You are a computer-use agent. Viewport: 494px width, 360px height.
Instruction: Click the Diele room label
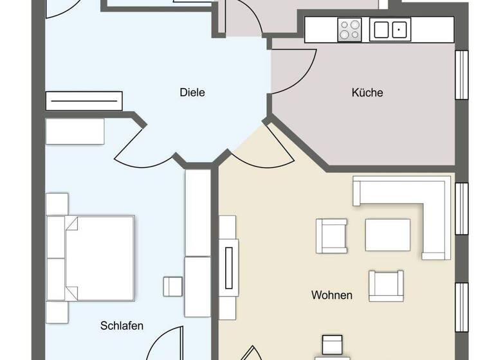(192, 93)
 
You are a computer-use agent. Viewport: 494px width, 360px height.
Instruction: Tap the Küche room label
(367, 93)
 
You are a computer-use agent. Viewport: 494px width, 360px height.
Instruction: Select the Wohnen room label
(332, 295)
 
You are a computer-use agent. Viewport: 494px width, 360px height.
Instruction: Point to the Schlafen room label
(122, 325)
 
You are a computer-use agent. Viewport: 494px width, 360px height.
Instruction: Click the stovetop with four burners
(350, 30)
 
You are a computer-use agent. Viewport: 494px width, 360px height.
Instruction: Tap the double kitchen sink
(390, 29)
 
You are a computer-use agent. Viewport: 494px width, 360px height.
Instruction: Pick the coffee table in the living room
(388, 235)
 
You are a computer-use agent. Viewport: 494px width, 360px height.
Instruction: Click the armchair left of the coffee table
(331, 236)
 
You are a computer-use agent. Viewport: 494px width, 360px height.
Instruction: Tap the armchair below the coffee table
(386, 285)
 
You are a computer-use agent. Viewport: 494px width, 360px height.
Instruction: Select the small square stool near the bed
(172, 286)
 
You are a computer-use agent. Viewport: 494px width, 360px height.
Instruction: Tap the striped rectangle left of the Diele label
(84, 101)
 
